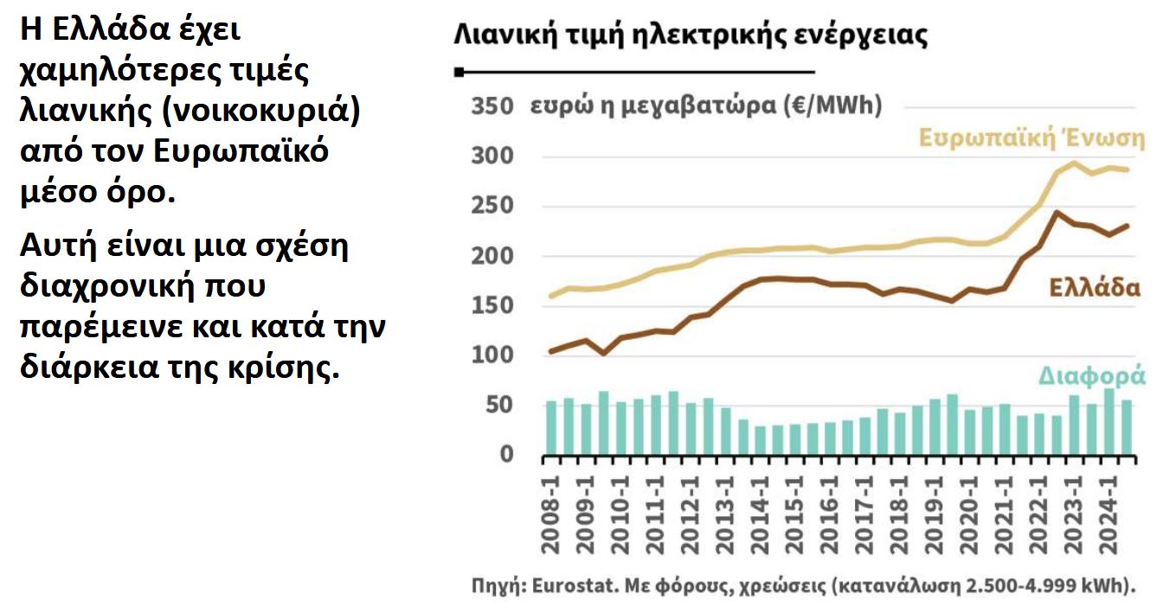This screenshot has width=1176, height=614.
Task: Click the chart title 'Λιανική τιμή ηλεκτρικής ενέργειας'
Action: (691, 35)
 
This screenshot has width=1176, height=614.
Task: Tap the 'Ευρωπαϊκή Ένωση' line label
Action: (1031, 138)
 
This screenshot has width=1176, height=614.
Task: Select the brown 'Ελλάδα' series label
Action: (1094, 287)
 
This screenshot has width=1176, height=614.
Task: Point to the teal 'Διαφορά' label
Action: (1092, 376)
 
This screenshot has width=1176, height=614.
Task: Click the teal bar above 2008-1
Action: (551, 428)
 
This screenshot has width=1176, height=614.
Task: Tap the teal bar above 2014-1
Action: (761, 440)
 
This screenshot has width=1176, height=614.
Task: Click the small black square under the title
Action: (459, 72)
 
